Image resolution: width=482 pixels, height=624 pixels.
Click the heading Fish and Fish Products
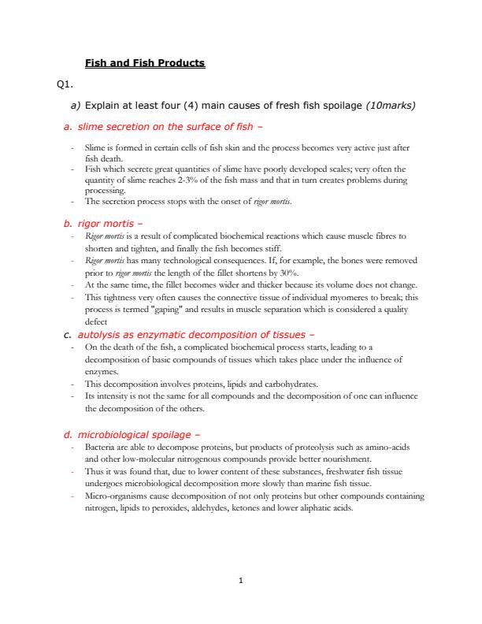click(x=144, y=62)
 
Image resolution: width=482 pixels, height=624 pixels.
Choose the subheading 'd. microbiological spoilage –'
click(x=132, y=433)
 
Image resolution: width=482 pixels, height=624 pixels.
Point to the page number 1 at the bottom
click(x=241, y=581)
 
